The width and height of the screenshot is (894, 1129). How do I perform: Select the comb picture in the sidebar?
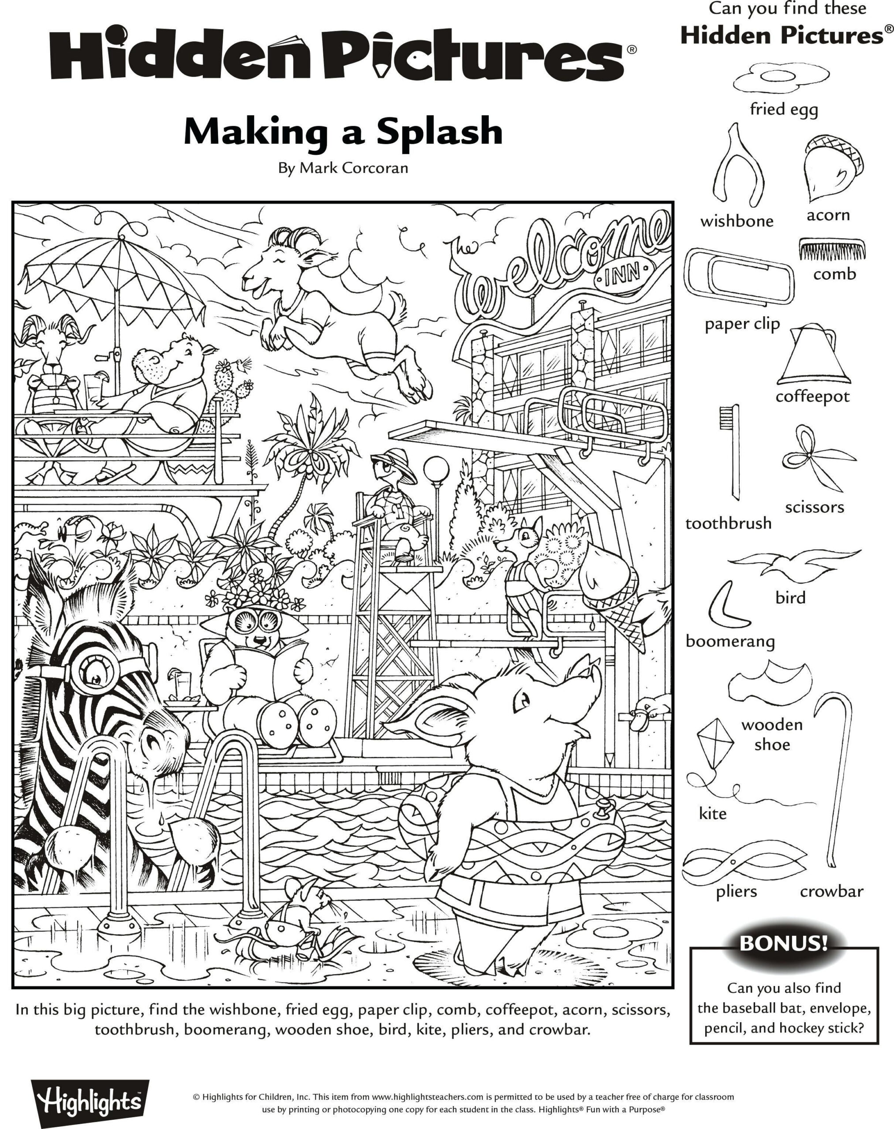[831, 249]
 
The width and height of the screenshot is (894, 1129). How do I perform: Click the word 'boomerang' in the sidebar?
[730, 641]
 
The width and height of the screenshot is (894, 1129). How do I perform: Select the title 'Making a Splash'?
[343, 132]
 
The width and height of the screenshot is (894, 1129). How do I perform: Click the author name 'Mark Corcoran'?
[353, 168]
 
